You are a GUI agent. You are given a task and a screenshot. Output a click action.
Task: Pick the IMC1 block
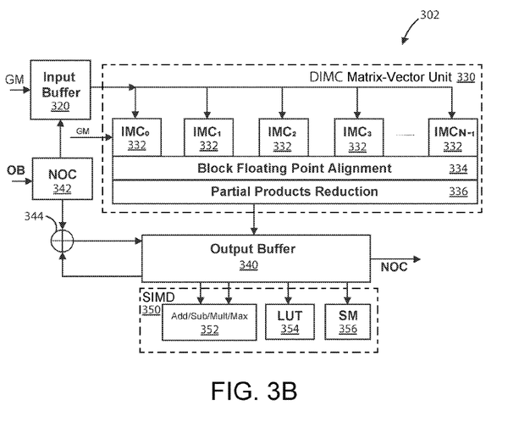coord(208,139)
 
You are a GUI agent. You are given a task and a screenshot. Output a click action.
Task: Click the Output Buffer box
coord(257,255)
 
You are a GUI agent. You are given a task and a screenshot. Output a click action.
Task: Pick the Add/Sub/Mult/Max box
coord(208,321)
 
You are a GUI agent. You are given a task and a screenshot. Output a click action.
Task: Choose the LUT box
coord(289,321)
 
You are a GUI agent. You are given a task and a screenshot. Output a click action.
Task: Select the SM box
coord(348,321)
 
